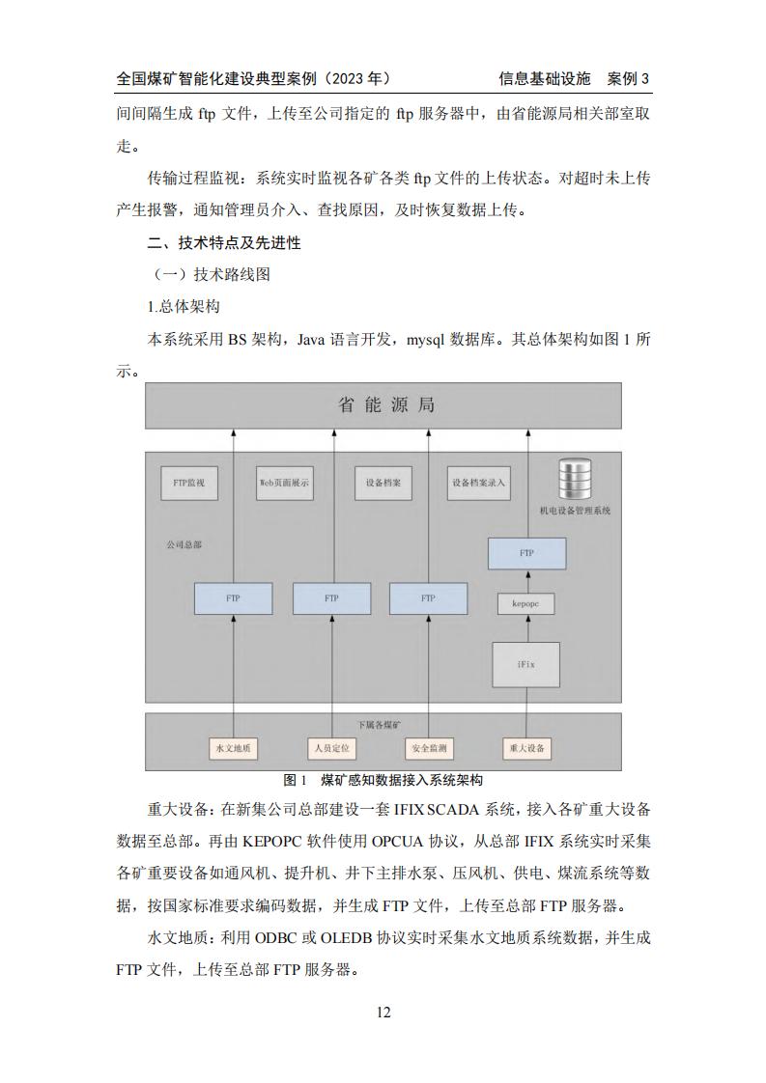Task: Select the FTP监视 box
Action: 188,483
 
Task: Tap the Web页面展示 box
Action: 284,483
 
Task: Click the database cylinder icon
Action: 575,480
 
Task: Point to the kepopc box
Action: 526,603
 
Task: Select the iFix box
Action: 526,664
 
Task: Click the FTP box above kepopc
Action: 526,553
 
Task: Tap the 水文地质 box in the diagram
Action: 233,748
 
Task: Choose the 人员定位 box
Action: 332,748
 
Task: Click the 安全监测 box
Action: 429,748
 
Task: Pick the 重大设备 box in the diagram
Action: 526,748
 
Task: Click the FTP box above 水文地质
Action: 233,598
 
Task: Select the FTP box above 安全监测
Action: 428,598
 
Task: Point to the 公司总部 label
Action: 184,544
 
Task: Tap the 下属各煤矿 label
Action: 380,725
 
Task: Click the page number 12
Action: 383,1012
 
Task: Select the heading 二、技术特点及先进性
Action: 224,242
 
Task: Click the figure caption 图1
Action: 296,781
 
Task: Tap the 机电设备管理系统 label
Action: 575,511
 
